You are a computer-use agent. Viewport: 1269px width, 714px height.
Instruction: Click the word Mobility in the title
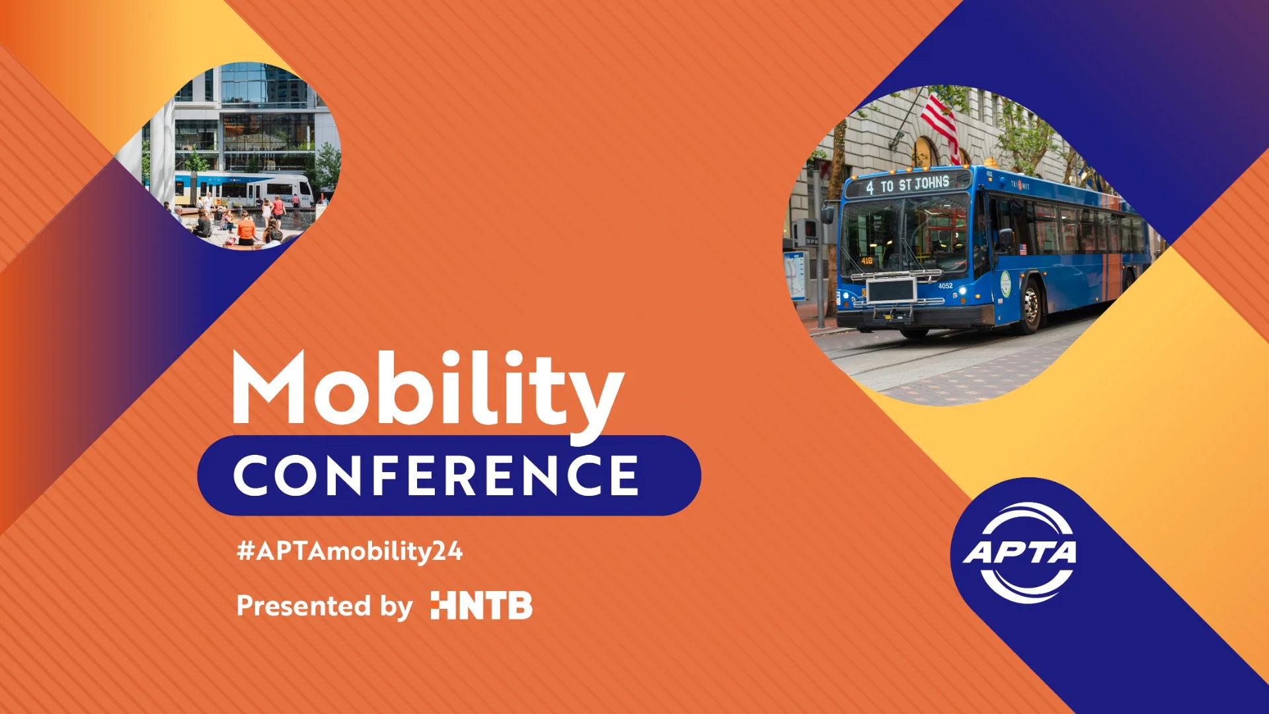[x=428, y=390]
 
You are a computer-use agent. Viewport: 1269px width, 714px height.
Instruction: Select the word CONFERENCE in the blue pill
[x=436, y=475]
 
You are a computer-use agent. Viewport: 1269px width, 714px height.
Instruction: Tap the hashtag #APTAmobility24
[x=350, y=551]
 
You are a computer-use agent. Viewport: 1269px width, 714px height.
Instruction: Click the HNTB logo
[x=481, y=606]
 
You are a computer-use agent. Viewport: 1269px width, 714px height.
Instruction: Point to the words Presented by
[x=324, y=606]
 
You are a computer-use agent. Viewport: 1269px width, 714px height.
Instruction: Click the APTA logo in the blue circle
[x=1020, y=552]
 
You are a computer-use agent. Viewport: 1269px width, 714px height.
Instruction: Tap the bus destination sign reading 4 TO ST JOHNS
[x=908, y=184]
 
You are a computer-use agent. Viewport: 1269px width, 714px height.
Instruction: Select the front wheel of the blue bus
[x=1030, y=306]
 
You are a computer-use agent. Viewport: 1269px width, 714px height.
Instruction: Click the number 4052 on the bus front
[x=945, y=286]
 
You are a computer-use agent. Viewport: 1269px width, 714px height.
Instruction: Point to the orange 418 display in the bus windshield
[x=866, y=260]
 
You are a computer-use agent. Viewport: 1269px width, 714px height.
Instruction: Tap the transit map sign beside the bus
[x=796, y=275]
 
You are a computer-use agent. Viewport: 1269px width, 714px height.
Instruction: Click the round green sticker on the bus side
[x=1005, y=284]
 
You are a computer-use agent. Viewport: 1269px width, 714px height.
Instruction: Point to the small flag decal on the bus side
[x=1023, y=249]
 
